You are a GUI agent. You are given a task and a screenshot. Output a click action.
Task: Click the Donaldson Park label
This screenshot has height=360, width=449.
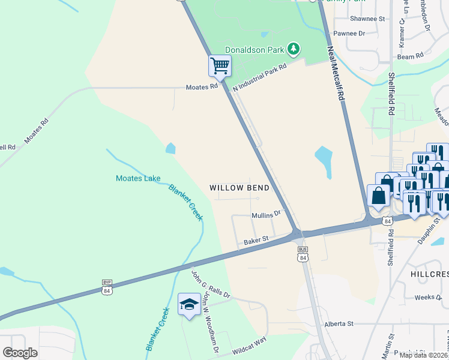[255, 49]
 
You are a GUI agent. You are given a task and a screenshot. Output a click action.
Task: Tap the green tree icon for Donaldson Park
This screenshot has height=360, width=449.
[293, 49]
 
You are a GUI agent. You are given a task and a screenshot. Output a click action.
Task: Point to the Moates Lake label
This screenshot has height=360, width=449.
[137, 178]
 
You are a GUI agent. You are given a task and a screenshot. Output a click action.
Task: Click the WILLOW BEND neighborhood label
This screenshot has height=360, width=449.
[239, 188]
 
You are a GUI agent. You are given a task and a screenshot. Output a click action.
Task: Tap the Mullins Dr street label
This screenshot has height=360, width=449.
[266, 214]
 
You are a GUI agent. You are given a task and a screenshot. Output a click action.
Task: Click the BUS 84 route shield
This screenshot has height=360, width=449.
[303, 254]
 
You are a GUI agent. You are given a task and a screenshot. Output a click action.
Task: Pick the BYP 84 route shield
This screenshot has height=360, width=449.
[107, 287]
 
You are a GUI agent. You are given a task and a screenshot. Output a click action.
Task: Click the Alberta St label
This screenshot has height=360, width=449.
[339, 324]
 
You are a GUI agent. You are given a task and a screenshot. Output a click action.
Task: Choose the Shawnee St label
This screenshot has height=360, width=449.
[367, 19]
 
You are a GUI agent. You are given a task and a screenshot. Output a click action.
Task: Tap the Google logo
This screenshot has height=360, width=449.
[20, 353]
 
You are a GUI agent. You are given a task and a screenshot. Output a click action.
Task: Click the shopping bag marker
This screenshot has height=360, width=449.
[379, 196]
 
